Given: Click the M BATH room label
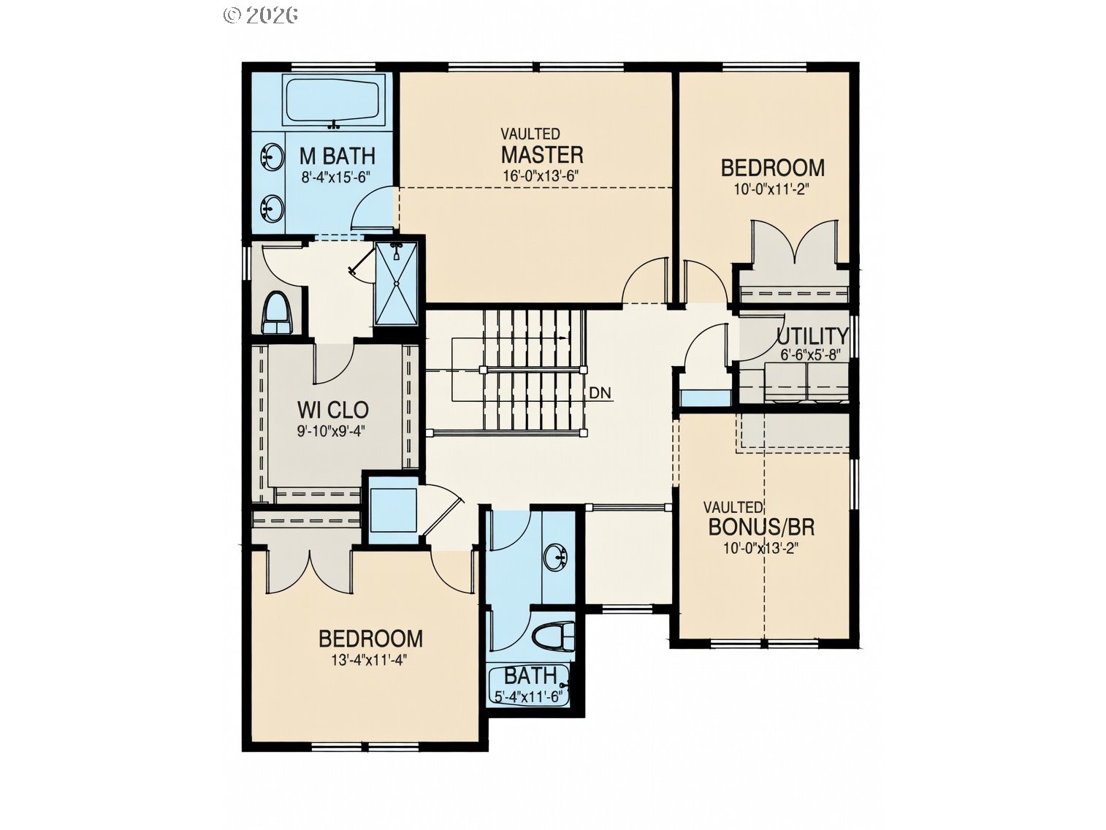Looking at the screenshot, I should coord(337,156).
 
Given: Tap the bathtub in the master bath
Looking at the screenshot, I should coord(332,102).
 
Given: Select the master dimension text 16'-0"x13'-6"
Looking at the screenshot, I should coord(541,175).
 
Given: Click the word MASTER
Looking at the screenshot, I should coord(541,155).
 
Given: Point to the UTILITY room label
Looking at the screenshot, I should coord(812,336).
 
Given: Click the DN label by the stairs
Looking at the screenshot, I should coord(600,393).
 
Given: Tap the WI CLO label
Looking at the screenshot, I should coord(332,410).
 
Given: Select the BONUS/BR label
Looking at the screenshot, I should coord(761,526).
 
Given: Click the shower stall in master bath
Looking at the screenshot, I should coord(397,283).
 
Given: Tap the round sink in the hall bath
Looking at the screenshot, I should coord(558,557).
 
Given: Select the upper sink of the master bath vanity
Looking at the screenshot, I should coord(272,156).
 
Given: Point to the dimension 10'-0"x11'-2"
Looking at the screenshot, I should coord(773,188).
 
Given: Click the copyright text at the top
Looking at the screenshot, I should coord(260,15).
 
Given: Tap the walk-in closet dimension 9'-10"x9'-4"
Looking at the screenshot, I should coord(330,431).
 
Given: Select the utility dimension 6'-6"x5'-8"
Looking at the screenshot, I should coord(809,354).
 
